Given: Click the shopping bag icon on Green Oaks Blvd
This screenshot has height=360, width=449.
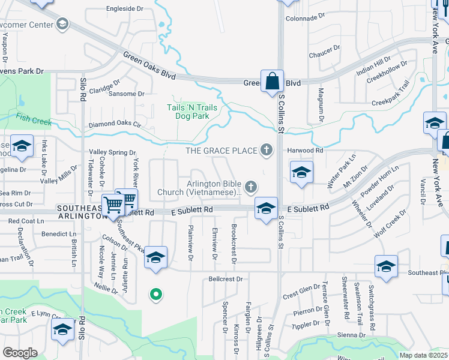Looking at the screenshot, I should click(x=272, y=82).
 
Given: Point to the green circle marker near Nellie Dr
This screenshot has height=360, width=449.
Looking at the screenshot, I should click(x=155, y=294).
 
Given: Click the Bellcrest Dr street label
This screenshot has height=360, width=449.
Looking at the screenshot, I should click(x=226, y=279).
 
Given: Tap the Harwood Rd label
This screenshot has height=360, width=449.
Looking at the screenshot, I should click(x=305, y=150).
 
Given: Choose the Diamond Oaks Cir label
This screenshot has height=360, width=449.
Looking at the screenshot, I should click(x=114, y=125).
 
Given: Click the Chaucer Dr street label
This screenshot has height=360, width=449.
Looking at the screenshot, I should click(x=325, y=53).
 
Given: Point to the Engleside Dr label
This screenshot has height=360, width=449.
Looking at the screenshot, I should click(x=125, y=9).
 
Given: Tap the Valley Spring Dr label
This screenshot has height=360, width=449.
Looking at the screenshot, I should click(x=113, y=152).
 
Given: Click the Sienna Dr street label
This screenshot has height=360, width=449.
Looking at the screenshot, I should click(x=351, y=335).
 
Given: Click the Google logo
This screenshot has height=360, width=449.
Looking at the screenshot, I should click(x=20, y=353).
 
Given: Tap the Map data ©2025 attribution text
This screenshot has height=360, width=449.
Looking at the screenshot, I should click(x=424, y=355).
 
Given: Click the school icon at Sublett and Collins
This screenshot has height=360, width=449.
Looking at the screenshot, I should click(x=266, y=208).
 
